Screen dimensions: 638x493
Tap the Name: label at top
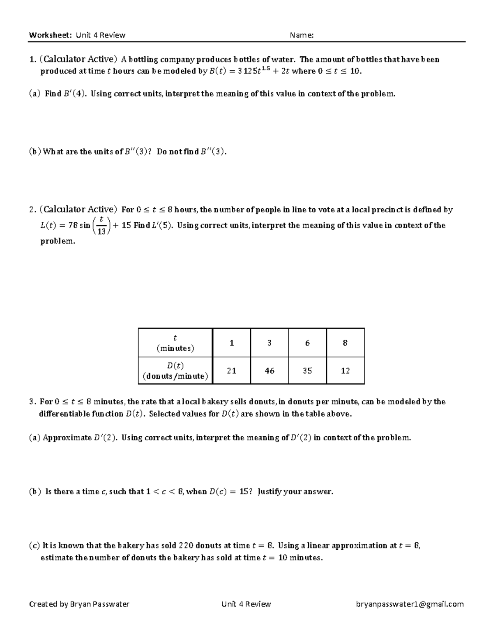tap(302, 35)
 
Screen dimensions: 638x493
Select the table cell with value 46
tap(270, 371)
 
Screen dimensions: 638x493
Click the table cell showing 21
tap(231, 371)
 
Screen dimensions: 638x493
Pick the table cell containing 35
tap(307, 371)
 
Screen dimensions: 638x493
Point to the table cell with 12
tap(345, 371)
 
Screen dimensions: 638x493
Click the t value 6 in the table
tap(307, 343)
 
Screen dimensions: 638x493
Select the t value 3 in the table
tap(270, 343)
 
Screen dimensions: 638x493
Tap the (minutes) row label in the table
tap(175, 348)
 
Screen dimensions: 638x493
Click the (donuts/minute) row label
tap(175, 376)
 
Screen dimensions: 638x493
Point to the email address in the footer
tap(410, 604)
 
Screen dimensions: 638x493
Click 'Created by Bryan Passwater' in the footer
tap(79, 604)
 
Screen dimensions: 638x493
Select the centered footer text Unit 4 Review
tap(246, 604)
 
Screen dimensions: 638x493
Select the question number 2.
tap(32, 210)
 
